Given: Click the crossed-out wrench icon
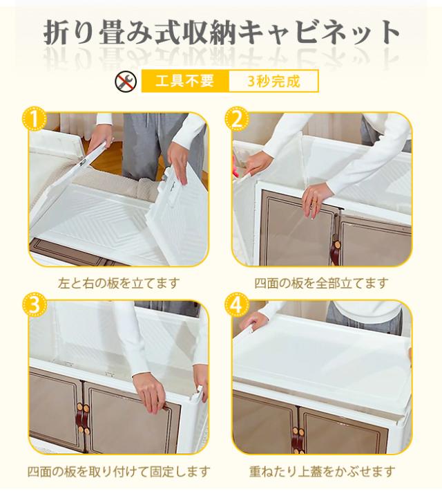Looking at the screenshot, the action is [x=125, y=82].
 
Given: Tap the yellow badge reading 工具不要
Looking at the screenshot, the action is [x=185, y=82].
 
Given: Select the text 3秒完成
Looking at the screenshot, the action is [x=273, y=82].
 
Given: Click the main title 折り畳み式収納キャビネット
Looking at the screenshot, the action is [x=221, y=33].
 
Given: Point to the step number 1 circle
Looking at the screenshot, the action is [x=34, y=120].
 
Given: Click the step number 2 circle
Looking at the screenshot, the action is [x=237, y=120].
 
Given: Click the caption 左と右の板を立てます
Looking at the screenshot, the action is [x=119, y=283].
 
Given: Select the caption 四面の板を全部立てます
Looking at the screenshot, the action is [x=321, y=283].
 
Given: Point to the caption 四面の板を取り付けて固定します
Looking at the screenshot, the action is [x=119, y=471].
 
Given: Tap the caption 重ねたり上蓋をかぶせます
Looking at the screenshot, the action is [x=322, y=471].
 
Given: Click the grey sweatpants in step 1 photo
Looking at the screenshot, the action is [x=151, y=146].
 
